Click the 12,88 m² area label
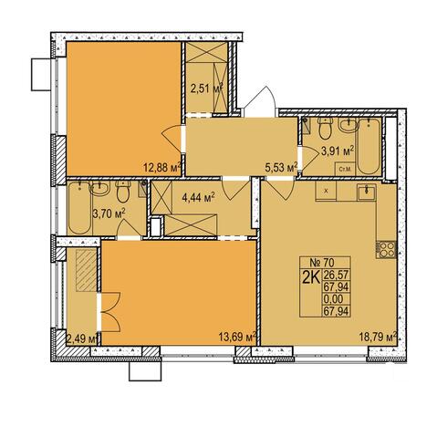(162, 167)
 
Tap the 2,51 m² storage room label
(207, 88)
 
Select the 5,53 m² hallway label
(281, 168)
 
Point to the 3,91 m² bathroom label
(338, 151)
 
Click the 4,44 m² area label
(198, 198)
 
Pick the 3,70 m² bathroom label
(109, 213)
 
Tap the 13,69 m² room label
(237, 337)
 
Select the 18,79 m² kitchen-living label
(378, 337)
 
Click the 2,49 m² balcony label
(82, 338)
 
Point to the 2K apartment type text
(310, 277)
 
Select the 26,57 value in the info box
(336, 276)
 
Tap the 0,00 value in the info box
(333, 299)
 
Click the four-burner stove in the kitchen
(386, 249)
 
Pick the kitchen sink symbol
(367, 192)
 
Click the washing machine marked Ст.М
(345, 169)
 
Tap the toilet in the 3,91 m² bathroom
(325, 128)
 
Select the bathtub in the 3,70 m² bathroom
(79, 208)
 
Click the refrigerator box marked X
(326, 191)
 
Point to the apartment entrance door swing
(260, 102)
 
